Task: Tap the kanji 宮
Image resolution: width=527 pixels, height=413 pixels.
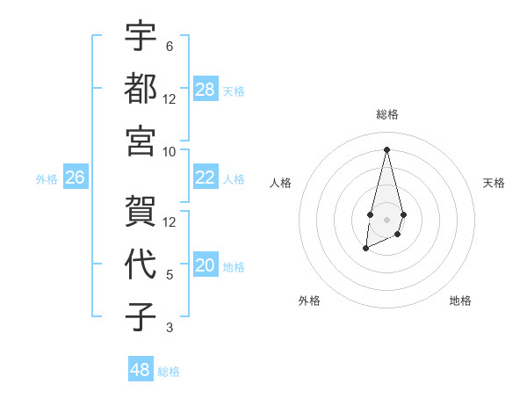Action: tap(141, 140)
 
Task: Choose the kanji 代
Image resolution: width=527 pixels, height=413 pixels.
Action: tap(141, 264)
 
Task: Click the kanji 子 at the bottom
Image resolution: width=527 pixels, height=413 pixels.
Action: tap(141, 316)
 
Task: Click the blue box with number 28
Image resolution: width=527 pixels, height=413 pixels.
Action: tap(205, 89)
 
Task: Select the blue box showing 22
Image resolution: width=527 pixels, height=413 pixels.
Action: tap(205, 178)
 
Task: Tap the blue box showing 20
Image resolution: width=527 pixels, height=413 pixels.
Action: tap(205, 265)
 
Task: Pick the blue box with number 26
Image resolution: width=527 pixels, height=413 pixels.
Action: tap(75, 178)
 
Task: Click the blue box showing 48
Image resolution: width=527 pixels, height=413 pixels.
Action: tap(140, 370)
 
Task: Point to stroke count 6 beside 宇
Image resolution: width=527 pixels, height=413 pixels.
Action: tap(169, 46)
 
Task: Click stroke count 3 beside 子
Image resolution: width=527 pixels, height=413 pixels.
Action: tap(169, 328)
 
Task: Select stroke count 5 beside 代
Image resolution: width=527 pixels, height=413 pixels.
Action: tap(169, 275)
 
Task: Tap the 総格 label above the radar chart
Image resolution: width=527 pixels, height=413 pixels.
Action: tap(386, 114)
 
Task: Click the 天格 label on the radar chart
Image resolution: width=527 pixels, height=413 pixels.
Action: tap(495, 183)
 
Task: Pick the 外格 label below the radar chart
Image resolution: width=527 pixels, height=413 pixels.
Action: tap(309, 301)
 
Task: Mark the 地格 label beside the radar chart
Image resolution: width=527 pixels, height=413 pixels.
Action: tap(460, 301)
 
